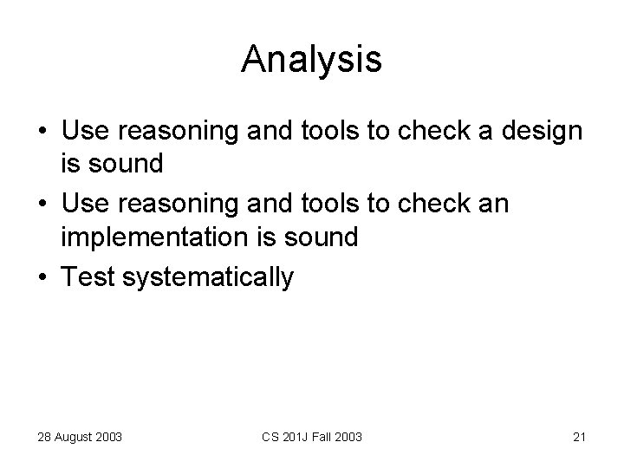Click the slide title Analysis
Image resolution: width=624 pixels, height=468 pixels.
click(311, 59)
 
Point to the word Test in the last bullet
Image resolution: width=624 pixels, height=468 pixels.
click(92, 277)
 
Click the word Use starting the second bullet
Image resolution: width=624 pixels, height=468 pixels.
click(89, 205)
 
